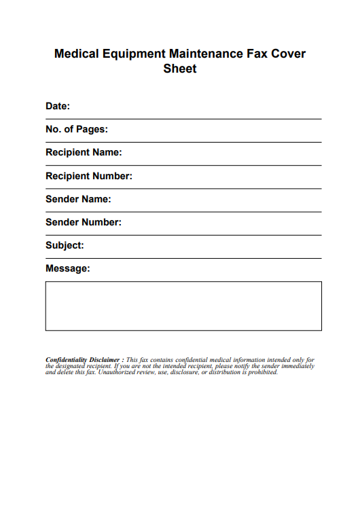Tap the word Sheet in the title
(180, 69)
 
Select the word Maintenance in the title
(202, 54)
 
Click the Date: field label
(58, 106)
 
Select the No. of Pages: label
(77, 129)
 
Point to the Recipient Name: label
(84, 152)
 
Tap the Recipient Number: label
(88, 176)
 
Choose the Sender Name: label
(78, 199)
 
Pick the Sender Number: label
(84, 222)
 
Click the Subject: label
(65, 245)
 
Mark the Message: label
(67, 268)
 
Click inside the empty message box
(183, 306)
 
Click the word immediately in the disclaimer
(298, 366)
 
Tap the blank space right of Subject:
(204, 245)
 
